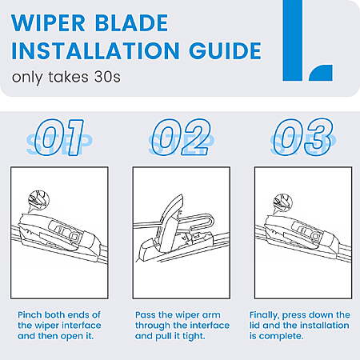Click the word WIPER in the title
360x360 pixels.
pos(48,23)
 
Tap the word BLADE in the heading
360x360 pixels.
pos(132,23)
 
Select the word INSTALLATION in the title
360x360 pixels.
pos(95,50)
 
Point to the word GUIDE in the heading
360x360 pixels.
pos(226,50)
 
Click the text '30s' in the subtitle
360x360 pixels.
pos(107,77)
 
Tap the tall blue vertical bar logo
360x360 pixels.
pos(293,40)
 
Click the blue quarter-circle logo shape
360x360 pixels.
pos(321,73)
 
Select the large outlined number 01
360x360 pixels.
pos(60,138)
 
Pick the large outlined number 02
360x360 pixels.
pos(182,138)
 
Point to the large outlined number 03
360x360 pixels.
pos(303,138)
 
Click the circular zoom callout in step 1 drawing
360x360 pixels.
pos(38,201)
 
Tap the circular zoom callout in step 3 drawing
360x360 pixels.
pos(283,203)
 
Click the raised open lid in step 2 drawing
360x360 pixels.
pos(170,223)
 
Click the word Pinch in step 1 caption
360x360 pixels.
pos(30,315)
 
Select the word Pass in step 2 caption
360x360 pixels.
pos(146,315)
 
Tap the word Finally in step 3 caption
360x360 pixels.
pos(264,315)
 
